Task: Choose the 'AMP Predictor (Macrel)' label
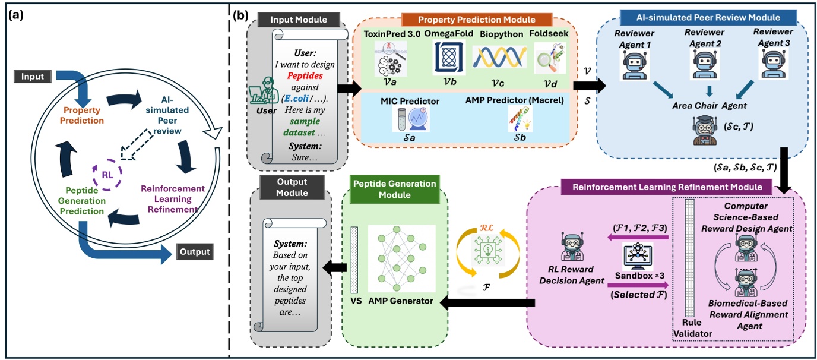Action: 513,100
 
